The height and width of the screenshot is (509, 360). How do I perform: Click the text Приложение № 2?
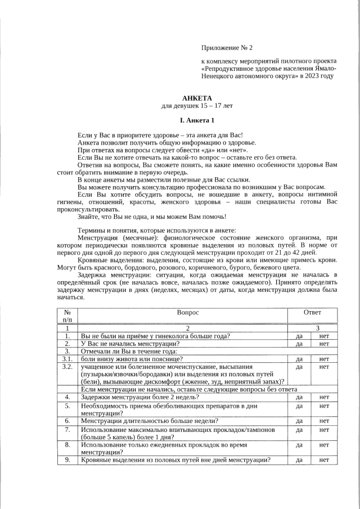pyautogui.click(x=227, y=48)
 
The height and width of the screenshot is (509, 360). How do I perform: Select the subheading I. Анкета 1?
pyautogui.click(x=197, y=120)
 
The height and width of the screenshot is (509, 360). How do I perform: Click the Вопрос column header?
pyautogui.click(x=188, y=312)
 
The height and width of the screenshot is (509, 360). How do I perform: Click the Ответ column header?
pyautogui.click(x=312, y=312)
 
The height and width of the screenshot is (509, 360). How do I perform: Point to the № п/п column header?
pyautogui.click(x=67, y=316)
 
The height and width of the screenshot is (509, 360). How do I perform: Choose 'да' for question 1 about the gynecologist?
pyautogui.click(x=299, y=336)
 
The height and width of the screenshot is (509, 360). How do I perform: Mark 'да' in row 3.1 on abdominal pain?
pyautogui.click(x=299, y=359)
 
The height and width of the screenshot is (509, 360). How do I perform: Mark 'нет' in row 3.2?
pyautogui.click(x=324, y=367)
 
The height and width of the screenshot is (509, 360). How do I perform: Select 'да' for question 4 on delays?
pyautogui.click(x=299, y=397)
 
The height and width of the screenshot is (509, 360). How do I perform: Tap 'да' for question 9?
pyautogui.click(x=299, y=460)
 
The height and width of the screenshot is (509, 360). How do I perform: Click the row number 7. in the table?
pyautogui.click(x=67, y=430)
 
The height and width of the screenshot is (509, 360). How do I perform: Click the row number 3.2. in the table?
pyautogui.click(x=67, y=366)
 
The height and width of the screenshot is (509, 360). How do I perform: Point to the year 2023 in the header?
pyautogui.click(x=312, y=75)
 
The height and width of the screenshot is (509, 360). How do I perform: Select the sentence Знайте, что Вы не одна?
pyautogui.click(x=152, y=217)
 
